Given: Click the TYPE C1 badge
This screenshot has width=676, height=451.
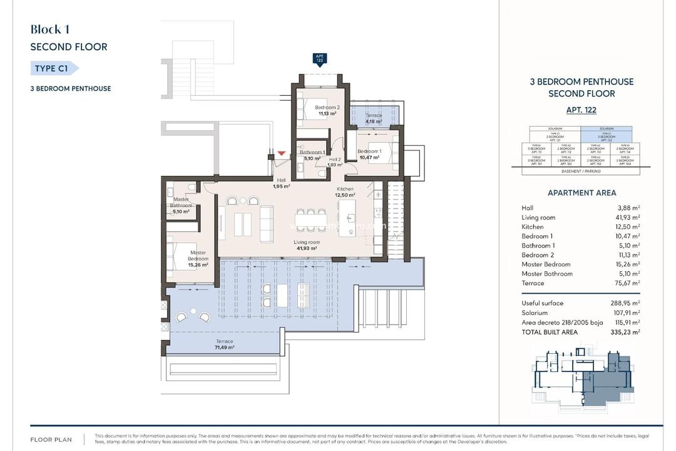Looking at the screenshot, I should click(54, 68).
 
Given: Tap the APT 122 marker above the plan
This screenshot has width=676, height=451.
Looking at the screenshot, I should click(320, 60).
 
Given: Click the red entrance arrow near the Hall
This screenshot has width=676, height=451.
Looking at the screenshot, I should click(282, 153).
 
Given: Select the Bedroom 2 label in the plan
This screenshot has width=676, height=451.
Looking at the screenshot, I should click(327, 110).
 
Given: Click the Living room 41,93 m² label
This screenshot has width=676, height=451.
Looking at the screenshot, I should click(307, 245).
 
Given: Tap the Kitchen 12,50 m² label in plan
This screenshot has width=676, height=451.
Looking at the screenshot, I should click(345, 192).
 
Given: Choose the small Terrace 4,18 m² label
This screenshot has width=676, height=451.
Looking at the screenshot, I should click(374, 118).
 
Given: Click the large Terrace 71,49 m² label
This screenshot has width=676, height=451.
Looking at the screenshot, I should click(223, 345).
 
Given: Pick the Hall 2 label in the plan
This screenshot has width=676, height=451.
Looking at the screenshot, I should click(335, 162).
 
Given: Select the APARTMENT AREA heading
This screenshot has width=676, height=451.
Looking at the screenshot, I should click(581, 193).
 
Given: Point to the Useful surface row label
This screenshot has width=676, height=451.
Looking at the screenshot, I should click(542, 303).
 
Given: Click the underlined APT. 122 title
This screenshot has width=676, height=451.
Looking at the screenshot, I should click(581, 110).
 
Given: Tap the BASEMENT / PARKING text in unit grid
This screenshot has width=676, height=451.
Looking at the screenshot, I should click(581, 171).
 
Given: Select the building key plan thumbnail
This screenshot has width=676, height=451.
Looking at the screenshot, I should click(581, 374).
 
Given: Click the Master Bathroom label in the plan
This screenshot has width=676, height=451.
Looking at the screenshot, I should click(182, 205).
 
